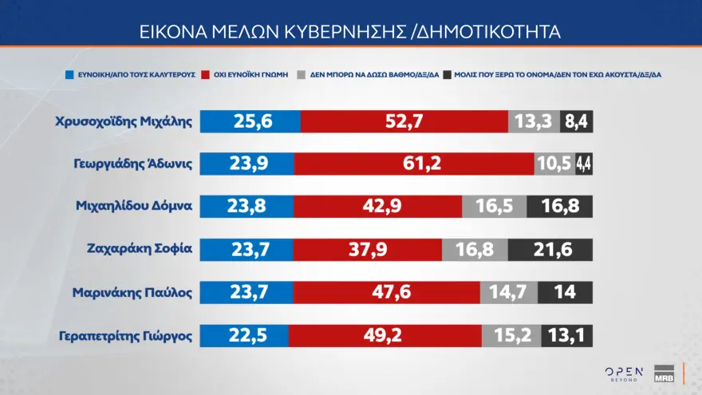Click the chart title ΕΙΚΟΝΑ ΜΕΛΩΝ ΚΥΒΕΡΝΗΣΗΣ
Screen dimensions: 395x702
pos(351,32)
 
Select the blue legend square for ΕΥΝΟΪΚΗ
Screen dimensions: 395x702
pos(69,74)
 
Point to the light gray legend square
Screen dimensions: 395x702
pos(302,74)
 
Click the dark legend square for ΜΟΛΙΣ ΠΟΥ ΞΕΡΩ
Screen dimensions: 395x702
pos(448,74)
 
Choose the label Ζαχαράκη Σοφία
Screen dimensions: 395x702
pos(139,247)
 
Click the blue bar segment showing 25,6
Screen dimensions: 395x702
pos(250,122)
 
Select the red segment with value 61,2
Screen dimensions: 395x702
pos(414,164)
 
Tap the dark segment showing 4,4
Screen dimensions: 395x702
pos(583,164)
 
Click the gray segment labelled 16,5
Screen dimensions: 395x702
pos(494,206)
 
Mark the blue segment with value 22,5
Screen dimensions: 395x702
pos(243,335)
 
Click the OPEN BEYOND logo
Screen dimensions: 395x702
pos(623,373)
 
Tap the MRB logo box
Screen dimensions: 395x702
pos(664,373)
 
